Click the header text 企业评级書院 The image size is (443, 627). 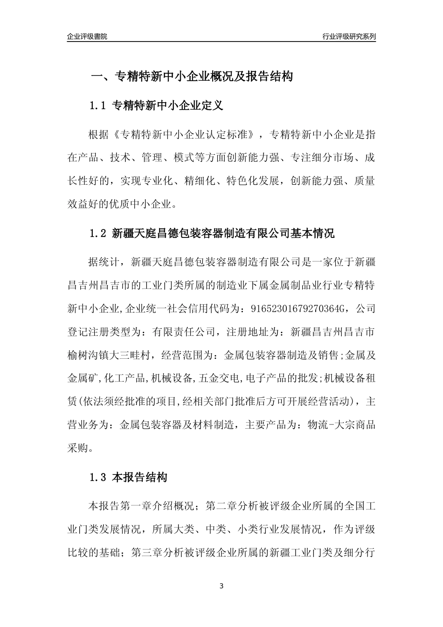(87, 36)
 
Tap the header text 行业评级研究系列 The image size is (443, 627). (349, 36)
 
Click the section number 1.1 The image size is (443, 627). (98, 106)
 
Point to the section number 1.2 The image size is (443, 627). (98, 233)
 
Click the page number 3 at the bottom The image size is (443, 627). (221, 586)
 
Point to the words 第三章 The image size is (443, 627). (147, 553)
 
